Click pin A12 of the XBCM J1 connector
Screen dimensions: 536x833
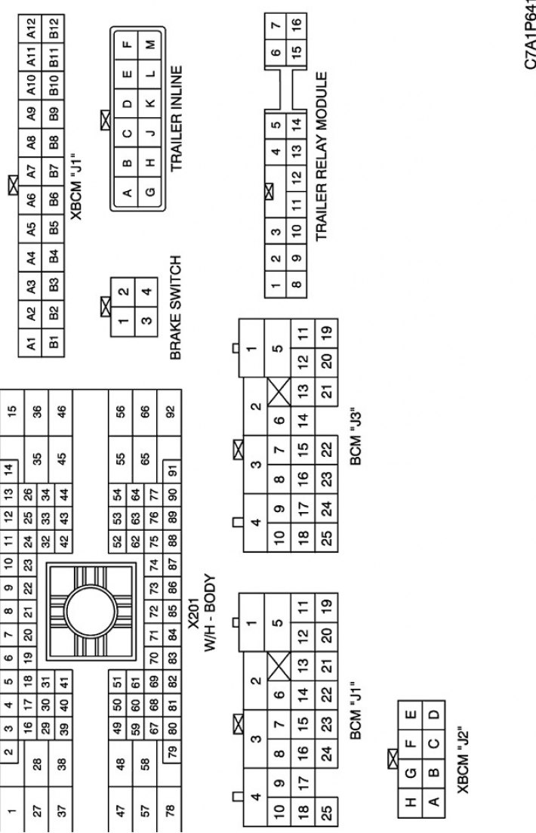pos(31,28)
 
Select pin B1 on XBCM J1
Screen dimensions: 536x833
pos(54,343)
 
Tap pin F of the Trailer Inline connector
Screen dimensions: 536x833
pos(126,44)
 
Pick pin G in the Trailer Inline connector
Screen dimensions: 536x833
pos(150,191)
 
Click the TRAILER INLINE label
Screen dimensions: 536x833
pos(177,118)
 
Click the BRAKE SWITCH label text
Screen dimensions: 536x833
pos(177,307)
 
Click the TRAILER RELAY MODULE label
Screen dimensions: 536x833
pos(322,156)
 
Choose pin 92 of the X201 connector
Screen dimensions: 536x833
pos(170,412)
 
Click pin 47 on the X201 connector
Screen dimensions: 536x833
pos(121,810)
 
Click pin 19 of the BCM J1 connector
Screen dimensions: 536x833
pos(326,605)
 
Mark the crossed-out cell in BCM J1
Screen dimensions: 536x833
pos(279,665)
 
